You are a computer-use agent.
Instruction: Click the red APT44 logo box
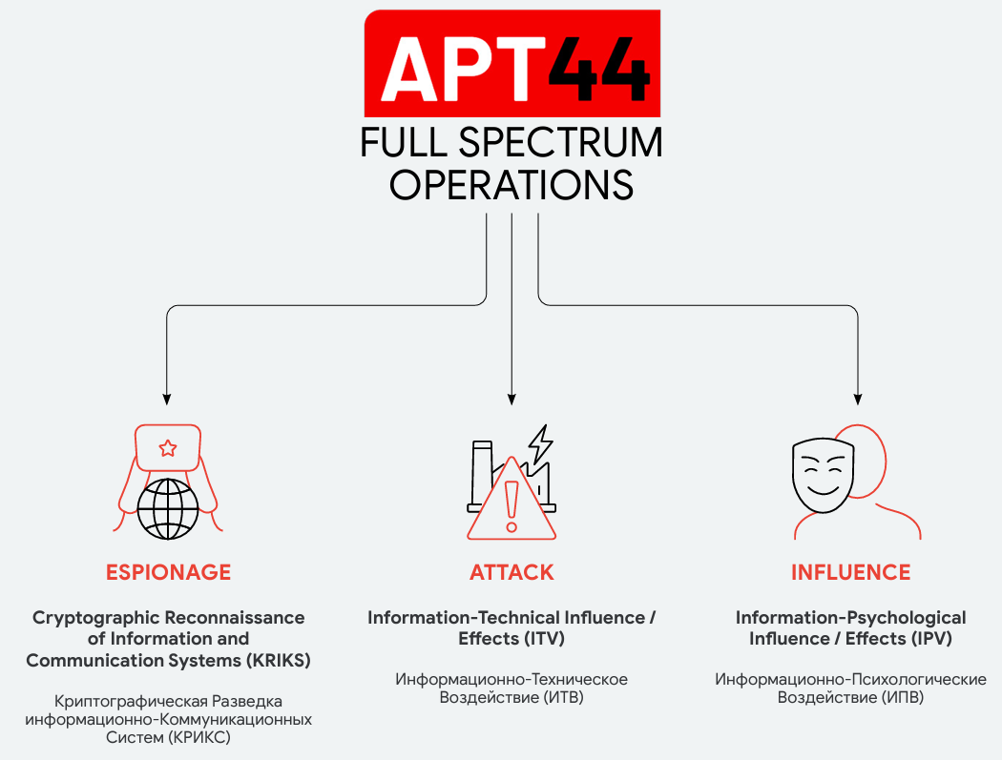point(511,63)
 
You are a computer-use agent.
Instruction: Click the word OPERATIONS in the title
point(511,185)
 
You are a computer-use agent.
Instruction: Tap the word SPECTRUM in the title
point(560,142)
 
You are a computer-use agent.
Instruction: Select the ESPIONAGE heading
point(168,572)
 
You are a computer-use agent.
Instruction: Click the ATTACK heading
point(511,572)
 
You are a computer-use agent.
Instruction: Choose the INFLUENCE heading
point(850,572)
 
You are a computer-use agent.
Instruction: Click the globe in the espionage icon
point(168,509)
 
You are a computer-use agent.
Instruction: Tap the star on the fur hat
point(168,448)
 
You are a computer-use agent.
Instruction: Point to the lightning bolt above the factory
point(541,444)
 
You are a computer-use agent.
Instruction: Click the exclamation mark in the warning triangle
point(511,506)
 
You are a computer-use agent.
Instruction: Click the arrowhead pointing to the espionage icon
point(167,400)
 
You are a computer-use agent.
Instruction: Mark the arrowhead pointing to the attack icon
point(511,400)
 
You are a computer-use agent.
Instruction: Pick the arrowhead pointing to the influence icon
point(858,400)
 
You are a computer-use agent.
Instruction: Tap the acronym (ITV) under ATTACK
point(545,639)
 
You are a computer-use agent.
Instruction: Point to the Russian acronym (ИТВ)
point(563,697)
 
